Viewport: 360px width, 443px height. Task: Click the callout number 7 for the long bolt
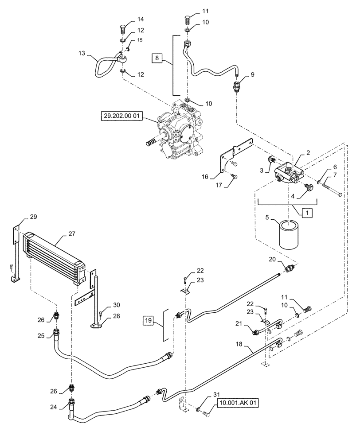tap(335, 176)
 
